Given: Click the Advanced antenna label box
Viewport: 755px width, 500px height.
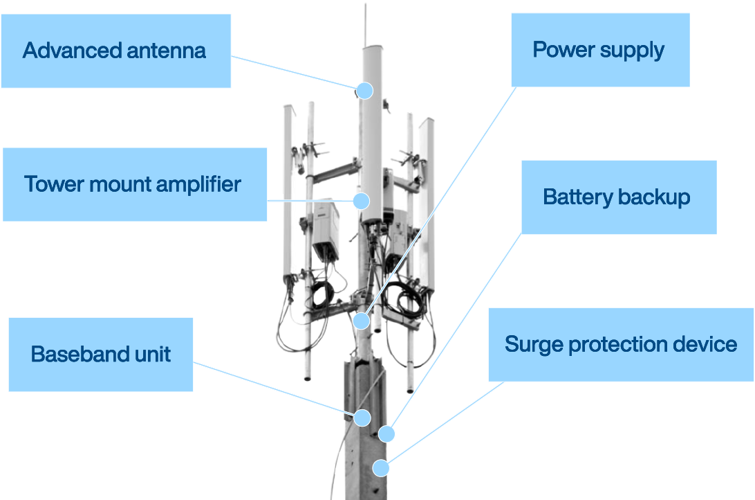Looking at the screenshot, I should pos(115,51).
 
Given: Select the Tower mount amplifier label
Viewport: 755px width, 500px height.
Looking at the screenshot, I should pos(134,184).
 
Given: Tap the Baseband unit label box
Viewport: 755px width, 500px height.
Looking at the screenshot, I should pos(100,355).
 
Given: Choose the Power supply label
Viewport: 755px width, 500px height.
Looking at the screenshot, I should pos(599,49).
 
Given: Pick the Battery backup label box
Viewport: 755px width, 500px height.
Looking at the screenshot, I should pos(618,197).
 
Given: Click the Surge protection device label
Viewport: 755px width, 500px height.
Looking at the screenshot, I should pos(620,344).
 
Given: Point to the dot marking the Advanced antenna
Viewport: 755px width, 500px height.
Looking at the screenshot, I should pos(364,91).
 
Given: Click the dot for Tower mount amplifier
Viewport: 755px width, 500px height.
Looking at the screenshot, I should pos(361,201).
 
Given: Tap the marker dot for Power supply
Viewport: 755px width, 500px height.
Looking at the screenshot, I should pos(361,321).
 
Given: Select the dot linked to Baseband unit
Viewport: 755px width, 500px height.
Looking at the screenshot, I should pos(362,418).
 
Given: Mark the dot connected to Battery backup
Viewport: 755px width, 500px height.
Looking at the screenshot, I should pos(386,434).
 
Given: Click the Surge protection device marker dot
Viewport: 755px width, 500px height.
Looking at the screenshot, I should pos(381,467).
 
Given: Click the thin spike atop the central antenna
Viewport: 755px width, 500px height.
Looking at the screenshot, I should pos(365,24).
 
